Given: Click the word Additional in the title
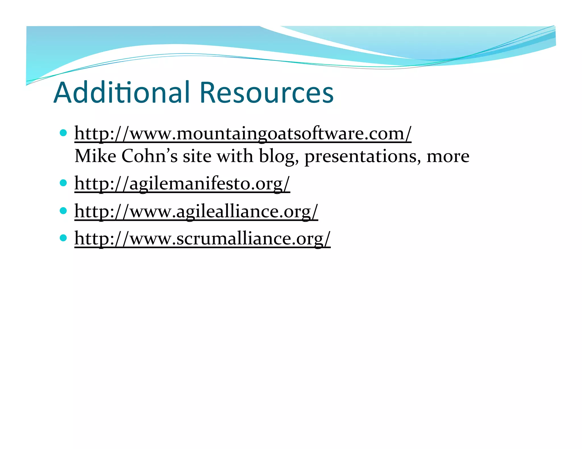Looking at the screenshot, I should click(122, 93).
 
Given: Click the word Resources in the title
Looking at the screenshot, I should click(267, 93).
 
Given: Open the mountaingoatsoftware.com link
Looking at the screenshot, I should click(243, 133).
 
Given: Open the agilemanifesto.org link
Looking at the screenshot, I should click(182, 183).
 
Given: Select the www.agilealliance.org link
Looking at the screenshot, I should click(196, 211).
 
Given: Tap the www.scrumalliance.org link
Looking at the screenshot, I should click(202, 238).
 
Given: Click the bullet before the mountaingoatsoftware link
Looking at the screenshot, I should click(63, 133).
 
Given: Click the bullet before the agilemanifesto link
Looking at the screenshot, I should click(63, 182).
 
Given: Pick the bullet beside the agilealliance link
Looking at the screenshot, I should click(63, 210).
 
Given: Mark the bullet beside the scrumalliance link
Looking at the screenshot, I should click(63, 238).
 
